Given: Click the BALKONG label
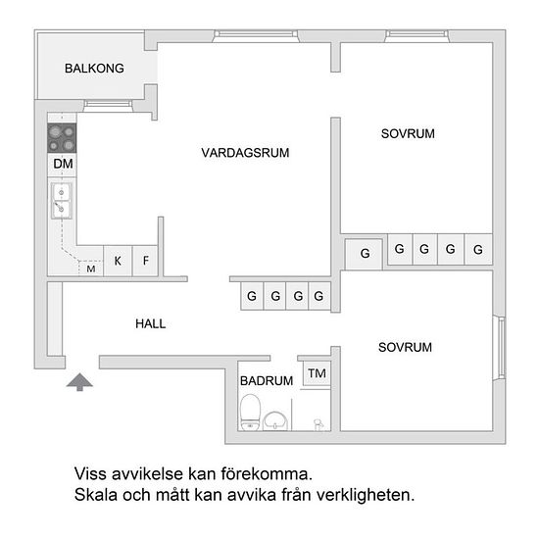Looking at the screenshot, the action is (94, 68).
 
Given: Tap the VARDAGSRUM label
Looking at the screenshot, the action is (245, 153).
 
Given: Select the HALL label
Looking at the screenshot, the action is (151, 323).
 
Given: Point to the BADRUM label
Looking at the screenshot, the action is (267, 380).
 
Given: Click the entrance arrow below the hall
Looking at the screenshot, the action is (79, 381).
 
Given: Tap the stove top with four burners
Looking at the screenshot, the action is (62, 138).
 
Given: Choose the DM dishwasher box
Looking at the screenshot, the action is (62, 165).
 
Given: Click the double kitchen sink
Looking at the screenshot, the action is (62, 201).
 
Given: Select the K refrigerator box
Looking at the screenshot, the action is (118, 261).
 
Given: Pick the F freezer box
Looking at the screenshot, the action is (145, 261).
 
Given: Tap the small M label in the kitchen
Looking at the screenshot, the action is (91, 269).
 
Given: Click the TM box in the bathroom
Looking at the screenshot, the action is (317, 373).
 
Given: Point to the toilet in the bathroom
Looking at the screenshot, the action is (250, 413).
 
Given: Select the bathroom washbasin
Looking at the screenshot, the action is (275, 420).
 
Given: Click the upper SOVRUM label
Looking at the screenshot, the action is (408, 133).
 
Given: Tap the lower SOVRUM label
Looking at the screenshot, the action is (405, 347).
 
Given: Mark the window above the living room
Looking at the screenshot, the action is (256, 35).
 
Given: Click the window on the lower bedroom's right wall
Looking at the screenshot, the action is (500, 348).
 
